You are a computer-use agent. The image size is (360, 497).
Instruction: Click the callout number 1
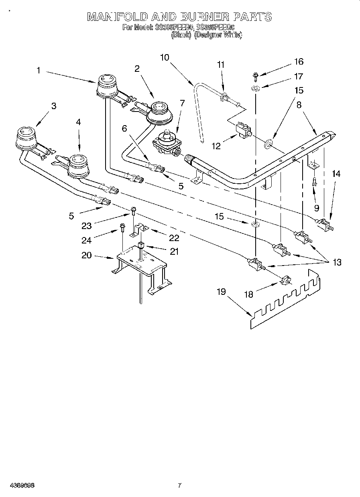coord(39,70)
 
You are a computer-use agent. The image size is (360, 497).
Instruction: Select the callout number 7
coord(182,103)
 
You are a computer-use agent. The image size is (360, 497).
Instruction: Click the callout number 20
coord(87,255)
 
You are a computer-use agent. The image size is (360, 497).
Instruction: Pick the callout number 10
coord(165,57)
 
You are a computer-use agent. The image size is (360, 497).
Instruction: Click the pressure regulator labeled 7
coord(167,144)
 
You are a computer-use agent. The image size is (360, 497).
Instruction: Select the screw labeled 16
coord(255,75)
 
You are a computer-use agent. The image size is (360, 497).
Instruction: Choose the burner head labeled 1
coord(106,85)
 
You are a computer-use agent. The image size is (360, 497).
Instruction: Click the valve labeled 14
coord(325,223)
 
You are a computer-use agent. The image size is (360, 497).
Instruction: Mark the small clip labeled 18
coord(287,280)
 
